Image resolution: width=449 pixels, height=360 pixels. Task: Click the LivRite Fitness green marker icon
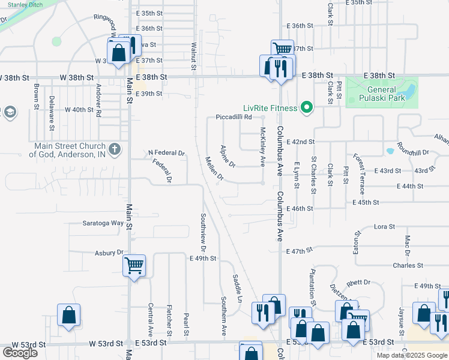pyautogui.click(x=307, y=108)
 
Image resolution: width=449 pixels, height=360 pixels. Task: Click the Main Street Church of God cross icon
pyautogui.click(x=115, y=148)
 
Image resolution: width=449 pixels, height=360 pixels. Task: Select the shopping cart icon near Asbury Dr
pyautogui.click(x=134, y=265)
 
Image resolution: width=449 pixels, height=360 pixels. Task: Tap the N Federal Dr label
pyautogui.click(x=166, y=153)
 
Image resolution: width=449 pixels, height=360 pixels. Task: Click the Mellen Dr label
pyautogui.click(x=214, y=169)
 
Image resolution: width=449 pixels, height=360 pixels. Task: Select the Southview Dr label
pyautogui.click(x=203, y=232)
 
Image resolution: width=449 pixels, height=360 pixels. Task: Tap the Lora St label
pyautogui.click(x=384, y=227)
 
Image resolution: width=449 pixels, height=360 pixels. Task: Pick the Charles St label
pyautogui.click(x=408, y=265)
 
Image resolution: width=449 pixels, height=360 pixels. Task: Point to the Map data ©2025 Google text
pyautogui.click(x=411, y=355)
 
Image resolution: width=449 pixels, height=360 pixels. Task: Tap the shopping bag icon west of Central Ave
pyautogui.click(x=69, y=316)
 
